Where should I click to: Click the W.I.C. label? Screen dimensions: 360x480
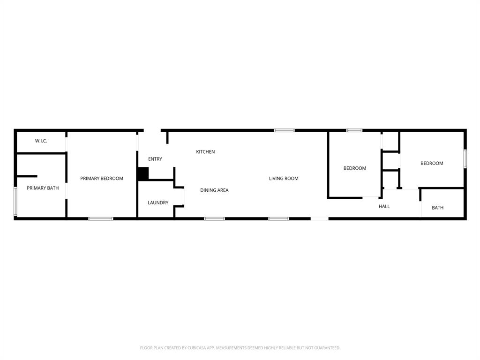point(41,141)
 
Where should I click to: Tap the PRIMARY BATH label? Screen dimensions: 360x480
point(43,188)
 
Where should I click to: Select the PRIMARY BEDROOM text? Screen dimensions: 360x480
point(102,178)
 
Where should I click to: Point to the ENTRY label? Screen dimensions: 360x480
point(155,159)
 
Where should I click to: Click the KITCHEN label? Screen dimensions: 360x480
point(205,151)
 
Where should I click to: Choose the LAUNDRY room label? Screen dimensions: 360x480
point(158,202)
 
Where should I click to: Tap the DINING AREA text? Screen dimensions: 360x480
point(214,190)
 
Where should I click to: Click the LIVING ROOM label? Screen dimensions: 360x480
point(284,178)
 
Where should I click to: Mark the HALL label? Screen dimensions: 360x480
point(384,206)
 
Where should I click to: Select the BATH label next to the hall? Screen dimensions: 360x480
point(437,208)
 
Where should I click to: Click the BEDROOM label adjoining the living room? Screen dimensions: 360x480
point(355,168)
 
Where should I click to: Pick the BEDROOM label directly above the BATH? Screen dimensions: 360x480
point(432,163)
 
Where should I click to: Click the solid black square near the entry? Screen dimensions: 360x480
point(143,173)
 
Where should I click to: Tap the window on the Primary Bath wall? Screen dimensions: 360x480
point(15,202)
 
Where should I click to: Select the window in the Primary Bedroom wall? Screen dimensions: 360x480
point(101,218)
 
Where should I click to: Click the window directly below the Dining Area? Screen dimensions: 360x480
point(214,218)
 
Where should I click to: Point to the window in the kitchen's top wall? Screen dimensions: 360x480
point(284,130)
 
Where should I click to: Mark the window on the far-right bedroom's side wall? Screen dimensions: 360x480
point(465,158)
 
